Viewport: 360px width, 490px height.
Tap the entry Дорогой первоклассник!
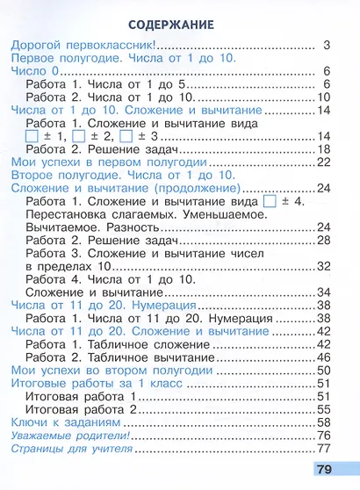[80, 44]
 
